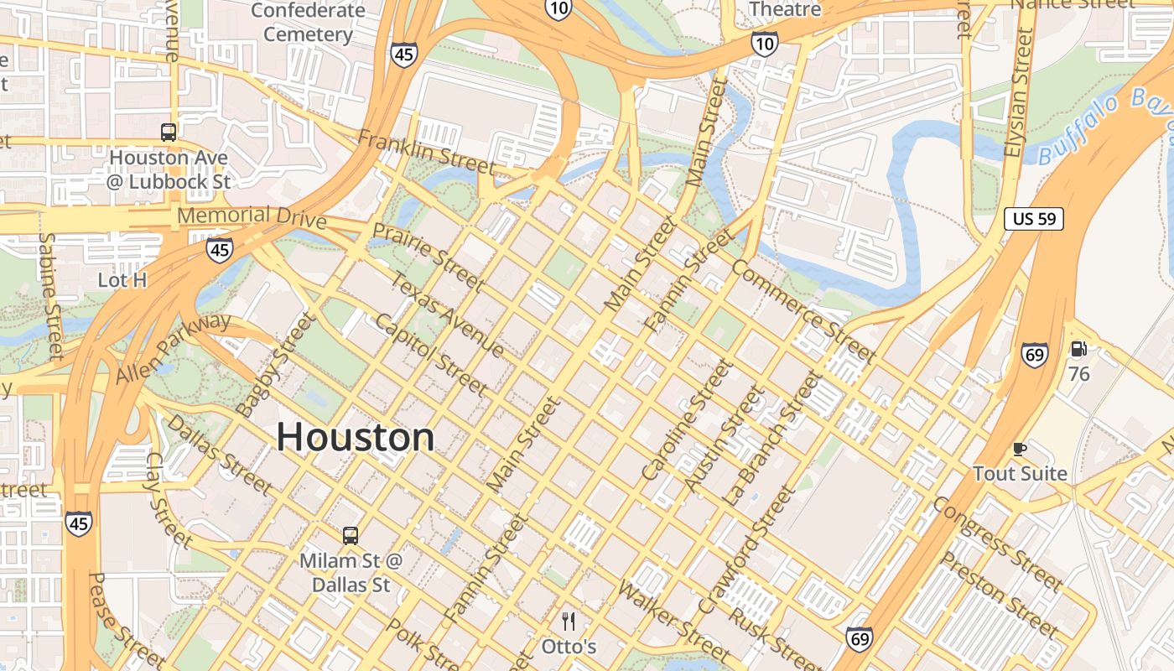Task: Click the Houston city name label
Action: (356, 437)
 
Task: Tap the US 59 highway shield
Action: (1034, 220)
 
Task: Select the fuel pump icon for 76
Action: (1078, 349)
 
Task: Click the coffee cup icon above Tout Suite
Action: (1020, 450)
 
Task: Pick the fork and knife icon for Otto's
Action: (569, 622)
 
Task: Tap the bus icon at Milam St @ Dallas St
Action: (351, 535)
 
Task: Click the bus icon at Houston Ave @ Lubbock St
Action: (169, 132)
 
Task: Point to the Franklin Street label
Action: (426, 153)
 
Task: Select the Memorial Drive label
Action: (252, 216)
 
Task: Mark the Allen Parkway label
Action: (174, 348)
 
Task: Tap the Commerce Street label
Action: (803, 311)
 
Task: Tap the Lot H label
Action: (122, 280)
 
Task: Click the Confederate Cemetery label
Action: (308, 23)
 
